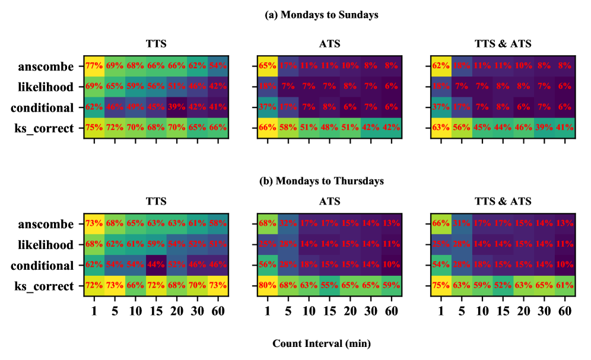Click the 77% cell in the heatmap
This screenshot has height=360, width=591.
tap(94, 66)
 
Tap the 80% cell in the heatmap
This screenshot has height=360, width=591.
tap(267, 286)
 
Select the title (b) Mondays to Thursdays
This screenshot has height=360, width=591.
tap(321, 181)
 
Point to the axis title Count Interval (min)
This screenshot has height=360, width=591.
tap(321, 343)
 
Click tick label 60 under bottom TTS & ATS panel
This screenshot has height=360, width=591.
tap(564, 310)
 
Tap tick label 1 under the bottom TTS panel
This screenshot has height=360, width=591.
tap(94, 310)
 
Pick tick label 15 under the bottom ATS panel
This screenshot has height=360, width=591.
tap(329, 310)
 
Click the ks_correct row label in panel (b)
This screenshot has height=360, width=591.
tap(46, 286)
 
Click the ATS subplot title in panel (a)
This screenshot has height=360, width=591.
tap(329, 43)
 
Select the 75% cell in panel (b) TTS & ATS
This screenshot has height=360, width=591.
tap(440, 286)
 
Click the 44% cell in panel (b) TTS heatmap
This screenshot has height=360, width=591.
tap(156, 266)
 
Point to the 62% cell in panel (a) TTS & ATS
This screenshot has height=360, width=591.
tap(440, 66)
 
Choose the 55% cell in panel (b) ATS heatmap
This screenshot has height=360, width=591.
tap(329, 286)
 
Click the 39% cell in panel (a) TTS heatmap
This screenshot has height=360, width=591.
tap(177, 108)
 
